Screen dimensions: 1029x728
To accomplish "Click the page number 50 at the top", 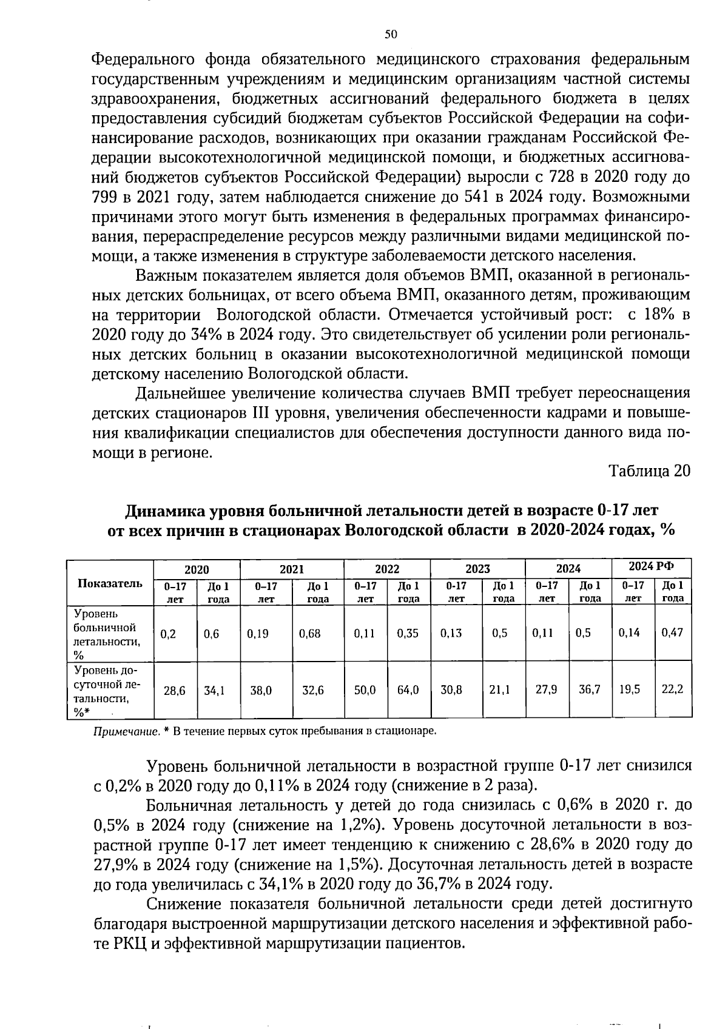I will pyautogui.click(x=390, y=35).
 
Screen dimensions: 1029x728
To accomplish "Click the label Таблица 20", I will pyautogui.click(x=649, y=471).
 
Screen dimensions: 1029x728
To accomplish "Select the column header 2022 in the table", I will pyautogui.click(x=386, y=569).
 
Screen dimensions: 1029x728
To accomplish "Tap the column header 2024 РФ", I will pyautogui.click(x=651, y=567).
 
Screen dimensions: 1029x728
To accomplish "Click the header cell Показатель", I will pyautogui.click(x=110, y=583).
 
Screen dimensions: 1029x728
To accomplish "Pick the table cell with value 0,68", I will pyautogui.click(x=309, y=634).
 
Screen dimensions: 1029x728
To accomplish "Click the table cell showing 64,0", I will pyautogui.click(x=408, y=690).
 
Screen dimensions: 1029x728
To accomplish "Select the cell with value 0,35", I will pyautogui.click(x=408, y=634).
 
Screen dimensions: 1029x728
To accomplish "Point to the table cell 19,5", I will pyautogui.click(x=630, y=689).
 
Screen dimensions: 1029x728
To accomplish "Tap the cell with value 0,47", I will pyautogui.click(x=672, y=633).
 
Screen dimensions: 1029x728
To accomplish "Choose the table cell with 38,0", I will pyautogui.click(x=261, y=690).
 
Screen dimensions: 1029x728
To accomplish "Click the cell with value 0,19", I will pyautogui.click(x=258, y=634).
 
